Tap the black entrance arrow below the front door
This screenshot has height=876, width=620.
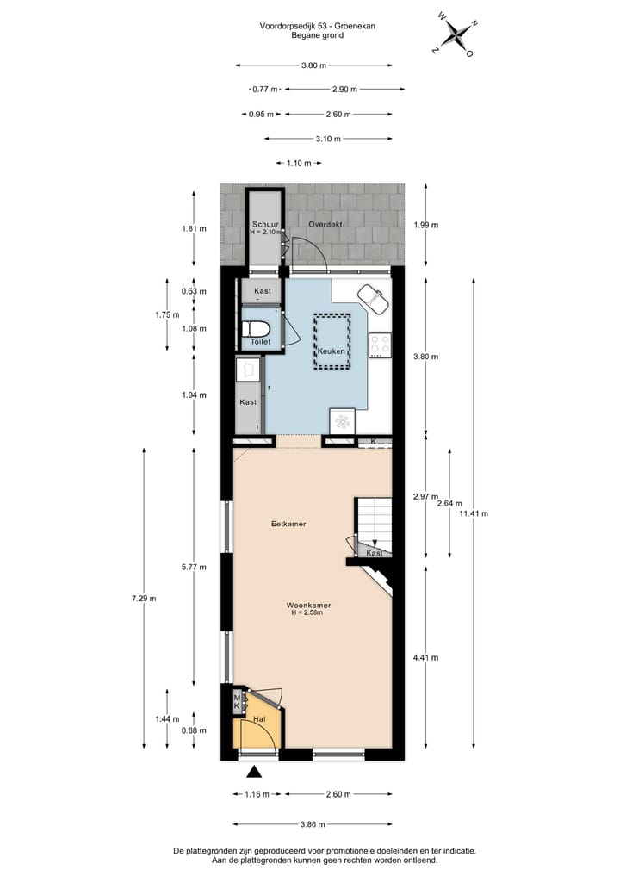tap(254, 772)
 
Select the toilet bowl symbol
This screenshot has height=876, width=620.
tap(256, 329)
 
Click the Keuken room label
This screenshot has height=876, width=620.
tap(332, 351)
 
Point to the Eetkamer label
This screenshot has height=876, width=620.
tap(288, 523)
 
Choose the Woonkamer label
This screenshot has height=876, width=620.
tap(309, 606)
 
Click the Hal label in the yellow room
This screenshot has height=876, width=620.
tap(258, 718)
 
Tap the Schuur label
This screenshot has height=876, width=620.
tap(264, 224)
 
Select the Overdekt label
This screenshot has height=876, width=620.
tap(325, 224)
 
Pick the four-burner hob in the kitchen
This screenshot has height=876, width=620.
tap(380, 345)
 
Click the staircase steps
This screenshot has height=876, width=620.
tap(374, 520)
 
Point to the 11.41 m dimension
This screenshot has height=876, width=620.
tap(474, 513)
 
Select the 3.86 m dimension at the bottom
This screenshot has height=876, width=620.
tap(312, 824)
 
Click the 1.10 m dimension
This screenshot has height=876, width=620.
tap(292, 163)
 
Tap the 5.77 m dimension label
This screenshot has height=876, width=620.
tap(192, 568)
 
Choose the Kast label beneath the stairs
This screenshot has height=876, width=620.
tap(375, 553)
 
